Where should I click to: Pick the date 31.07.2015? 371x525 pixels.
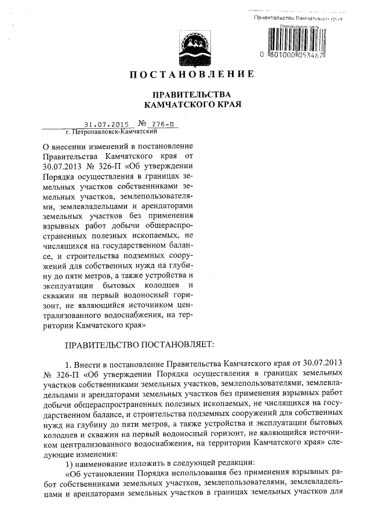104,124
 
